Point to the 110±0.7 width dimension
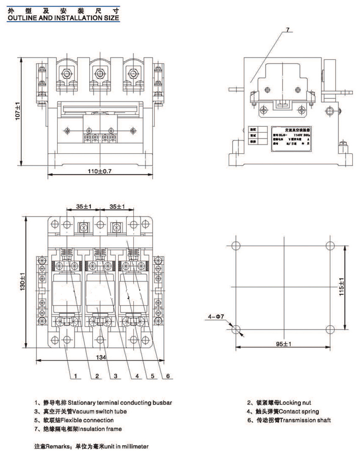98,171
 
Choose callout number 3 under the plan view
115,376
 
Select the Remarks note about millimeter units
91,446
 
